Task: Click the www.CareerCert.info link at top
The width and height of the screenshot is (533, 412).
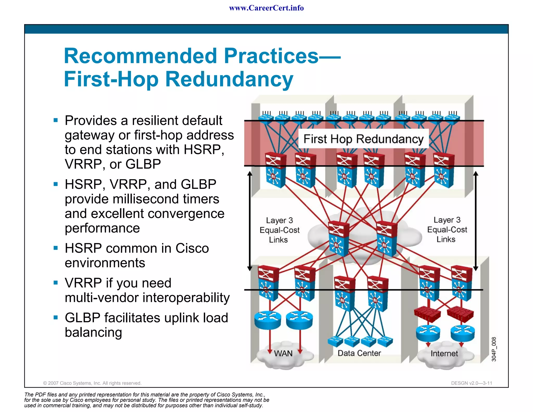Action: coord(266,8)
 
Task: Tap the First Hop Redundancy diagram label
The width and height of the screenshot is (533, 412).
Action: coord(363,139)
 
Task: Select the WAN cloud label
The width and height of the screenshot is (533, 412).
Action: coord(283,353)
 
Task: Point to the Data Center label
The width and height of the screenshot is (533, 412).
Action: coord(359,353)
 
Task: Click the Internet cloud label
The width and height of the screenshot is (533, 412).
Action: coord(444,353)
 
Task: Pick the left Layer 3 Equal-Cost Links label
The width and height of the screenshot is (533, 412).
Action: coord(279,230)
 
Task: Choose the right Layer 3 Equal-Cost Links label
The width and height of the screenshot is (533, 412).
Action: coord(447,229)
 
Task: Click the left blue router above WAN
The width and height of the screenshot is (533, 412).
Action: coord(268,320)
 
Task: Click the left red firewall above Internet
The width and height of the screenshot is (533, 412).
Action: coord(427,314)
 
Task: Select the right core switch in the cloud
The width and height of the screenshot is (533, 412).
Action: coord(387,238)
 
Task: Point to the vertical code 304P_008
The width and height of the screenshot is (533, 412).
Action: coord(494,349)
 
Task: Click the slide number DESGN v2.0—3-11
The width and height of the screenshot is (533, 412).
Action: coord(471,383)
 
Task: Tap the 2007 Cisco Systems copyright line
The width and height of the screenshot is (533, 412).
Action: coord(92,383)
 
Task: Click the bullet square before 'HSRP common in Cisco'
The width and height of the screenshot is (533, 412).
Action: coord(55,248)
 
